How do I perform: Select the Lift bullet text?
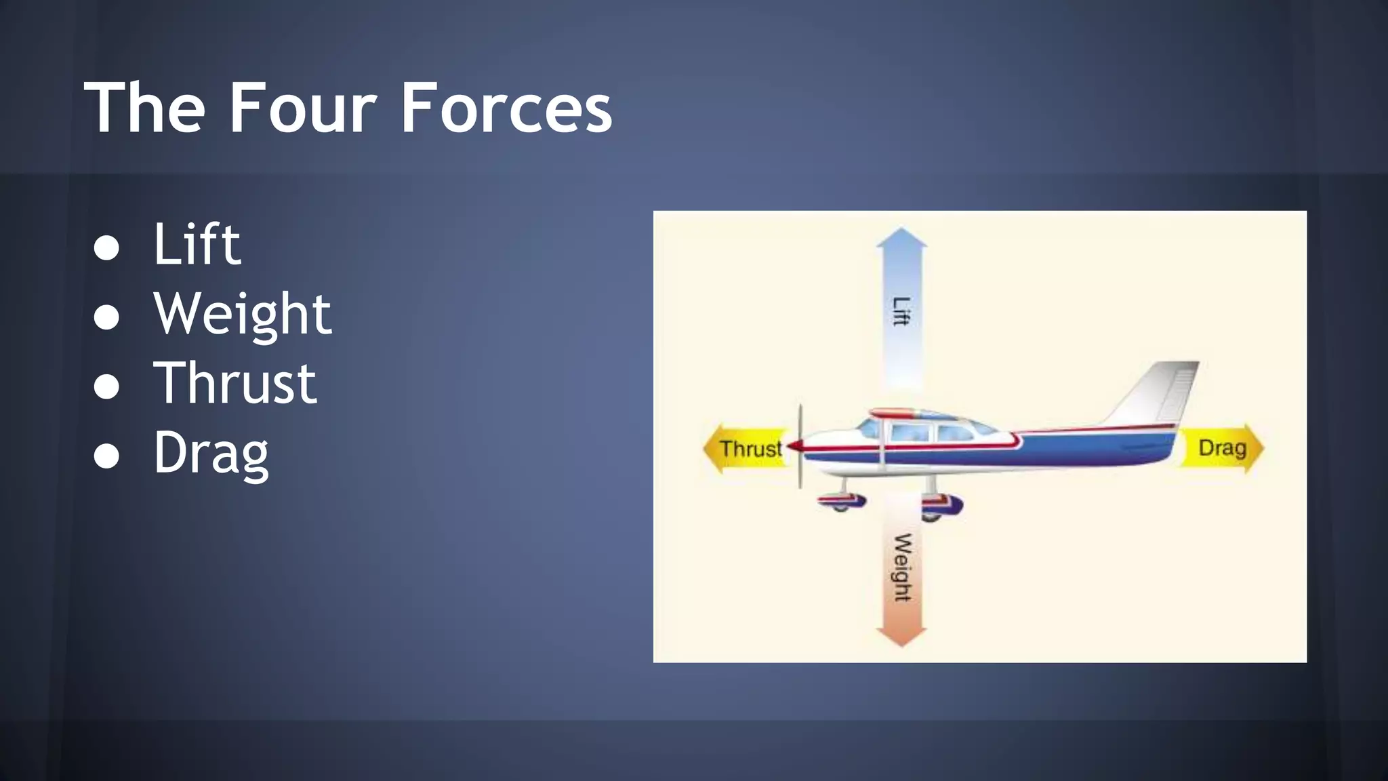tap(197, 244)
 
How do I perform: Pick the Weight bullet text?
tap(243, 314)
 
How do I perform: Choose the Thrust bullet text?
tap(234, 383)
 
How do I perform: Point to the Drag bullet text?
tap(211, 453)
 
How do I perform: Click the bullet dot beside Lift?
tap(106, 248)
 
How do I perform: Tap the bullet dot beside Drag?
tap(106, 456)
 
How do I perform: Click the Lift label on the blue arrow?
tap(901, 312)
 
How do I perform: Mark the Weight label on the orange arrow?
tap(902, 568)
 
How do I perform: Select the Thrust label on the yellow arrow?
tap(750, 449)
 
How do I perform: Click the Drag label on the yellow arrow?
tap(1222, 448)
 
